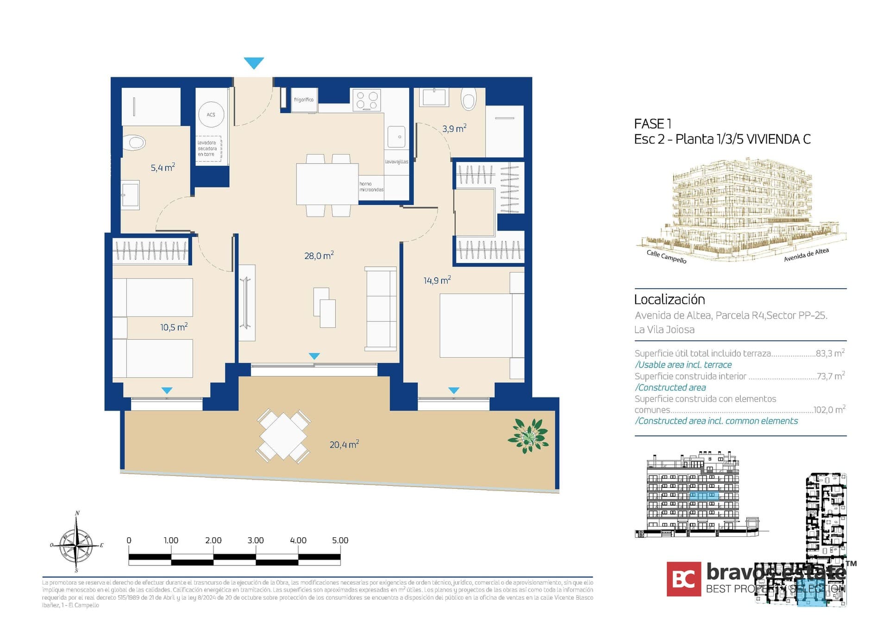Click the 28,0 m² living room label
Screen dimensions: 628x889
pyautogui.click(x=319, y=255)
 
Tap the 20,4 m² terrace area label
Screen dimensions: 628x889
pyautogui.click(x=344, y=445)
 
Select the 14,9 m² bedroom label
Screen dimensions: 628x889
pyautogui.click(x=437, y=280)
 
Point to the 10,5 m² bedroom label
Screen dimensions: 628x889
pyautogui.click(x=174, y=327)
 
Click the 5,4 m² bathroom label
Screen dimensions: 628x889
pyautogui.click(x=163, y=168)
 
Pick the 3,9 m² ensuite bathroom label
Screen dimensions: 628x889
pyautogui.click(x=454, y=129)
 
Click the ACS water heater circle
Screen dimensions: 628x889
pyautogui.click(x=211, y=114)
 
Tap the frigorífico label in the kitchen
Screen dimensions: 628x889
pyautogui.click(x=304, y=99)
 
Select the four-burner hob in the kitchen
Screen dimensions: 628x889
pyautogui.click(x=366, y=100)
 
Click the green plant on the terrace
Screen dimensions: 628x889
pyautogui.click(x=528, y=435)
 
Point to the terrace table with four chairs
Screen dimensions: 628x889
pyautogui.click(x=283, y=436)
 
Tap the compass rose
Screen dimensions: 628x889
pyautogui.click(x=77, y=545)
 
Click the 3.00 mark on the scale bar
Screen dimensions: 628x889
pyautogui.click(x=256, y=541)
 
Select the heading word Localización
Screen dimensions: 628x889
pyautogui.click(x=669, y=299)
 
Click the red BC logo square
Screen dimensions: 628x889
pyautogui.click(x=683, y=579)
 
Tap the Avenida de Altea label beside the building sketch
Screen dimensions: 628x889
pyautogui.click(x=806, y=255)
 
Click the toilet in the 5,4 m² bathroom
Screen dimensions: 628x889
pyautogui.click(x=135, y=143)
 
